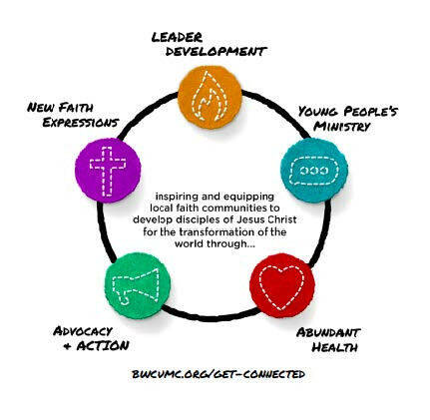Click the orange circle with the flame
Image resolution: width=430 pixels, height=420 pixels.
[x=210, y=97]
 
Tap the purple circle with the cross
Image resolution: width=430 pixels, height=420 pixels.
[x=108, y=171]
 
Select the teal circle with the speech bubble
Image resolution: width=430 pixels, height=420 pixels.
[x=314, y=171]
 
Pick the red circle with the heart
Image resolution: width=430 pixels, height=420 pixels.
[x=282, y=285]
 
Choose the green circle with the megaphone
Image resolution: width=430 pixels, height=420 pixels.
[x=138, y=286]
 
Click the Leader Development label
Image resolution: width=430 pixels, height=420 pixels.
[x=210, y=44]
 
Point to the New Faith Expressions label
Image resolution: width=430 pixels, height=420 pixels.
[x=73, y=115]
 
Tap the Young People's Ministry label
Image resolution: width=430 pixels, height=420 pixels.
[x=347, y=119]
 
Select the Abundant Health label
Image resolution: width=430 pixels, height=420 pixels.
[x=328, y=340]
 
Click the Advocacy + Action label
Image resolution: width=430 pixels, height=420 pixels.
[x=91, y=338]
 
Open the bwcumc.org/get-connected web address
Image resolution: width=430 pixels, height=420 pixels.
[x=218, y=374]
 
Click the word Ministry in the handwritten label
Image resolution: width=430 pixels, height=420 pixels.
[x=342, y=127]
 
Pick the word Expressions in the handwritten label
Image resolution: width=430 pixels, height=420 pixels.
[x=81, y=123]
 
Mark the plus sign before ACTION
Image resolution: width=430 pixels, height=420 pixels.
[x=67, y=346]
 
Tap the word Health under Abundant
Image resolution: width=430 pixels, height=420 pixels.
[x=334, y=347]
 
